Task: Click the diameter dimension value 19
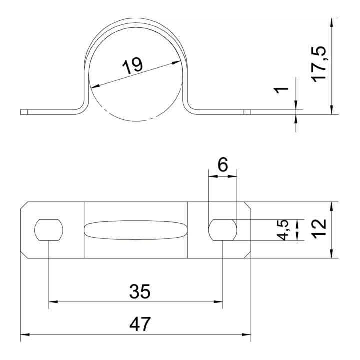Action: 132,66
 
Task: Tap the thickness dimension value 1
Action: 281,90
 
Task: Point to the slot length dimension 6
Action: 223,164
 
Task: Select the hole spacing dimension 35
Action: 140,291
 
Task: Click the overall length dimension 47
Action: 140,324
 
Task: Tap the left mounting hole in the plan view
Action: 49,230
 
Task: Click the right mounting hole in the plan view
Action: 223,230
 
